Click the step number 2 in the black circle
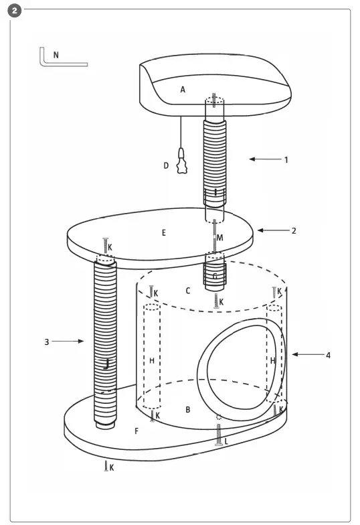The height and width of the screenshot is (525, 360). tap(15, 12)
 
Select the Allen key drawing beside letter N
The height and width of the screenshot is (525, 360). tap(60, 60)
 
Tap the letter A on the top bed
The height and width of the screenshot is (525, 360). tap(182, 88)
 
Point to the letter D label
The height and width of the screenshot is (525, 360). tap(167, 165)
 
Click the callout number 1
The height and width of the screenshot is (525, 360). tap(286, 160)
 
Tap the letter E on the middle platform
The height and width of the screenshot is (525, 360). tap(163, 233)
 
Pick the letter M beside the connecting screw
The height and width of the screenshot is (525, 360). tap(220, 238)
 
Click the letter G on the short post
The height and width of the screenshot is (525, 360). tap(214, 275)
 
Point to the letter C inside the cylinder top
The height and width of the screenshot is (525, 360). tap(188, 291)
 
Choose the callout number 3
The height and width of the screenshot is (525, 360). tap(47, 342)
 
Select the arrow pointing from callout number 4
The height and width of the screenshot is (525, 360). tap(306, 355)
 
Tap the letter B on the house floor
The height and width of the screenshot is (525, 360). tap(188, 408)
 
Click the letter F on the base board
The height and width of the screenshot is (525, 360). tap(137, 431)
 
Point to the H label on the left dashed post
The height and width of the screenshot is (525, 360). tap(152, 360)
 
